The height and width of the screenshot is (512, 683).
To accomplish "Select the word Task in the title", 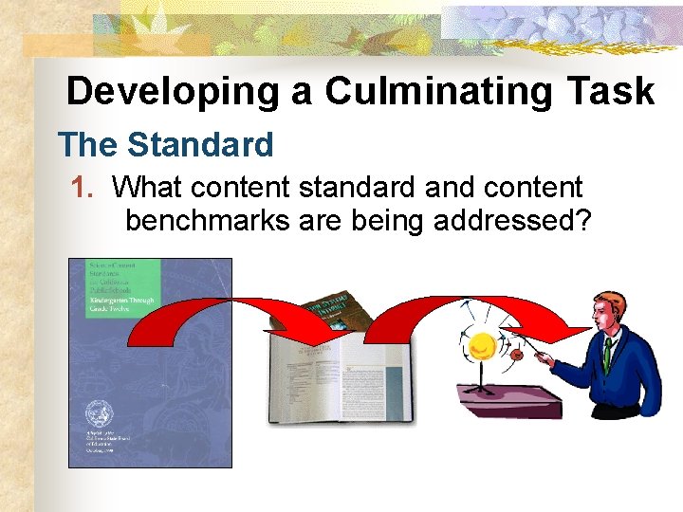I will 612,92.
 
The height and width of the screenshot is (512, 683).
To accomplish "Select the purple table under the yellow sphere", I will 508,398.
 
